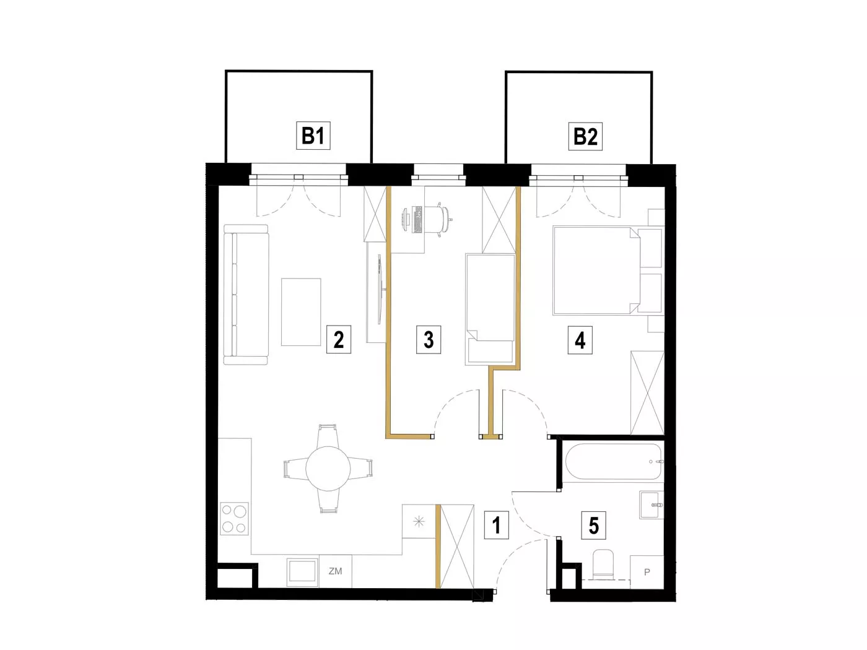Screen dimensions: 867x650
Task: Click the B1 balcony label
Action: (313, 136)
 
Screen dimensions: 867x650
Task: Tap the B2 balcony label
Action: (585, 137)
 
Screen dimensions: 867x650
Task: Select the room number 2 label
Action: (339, 339)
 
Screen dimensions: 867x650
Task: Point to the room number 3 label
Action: (429, 339)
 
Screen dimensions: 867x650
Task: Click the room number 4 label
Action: (580, 340)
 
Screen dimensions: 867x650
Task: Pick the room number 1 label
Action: (497, 526)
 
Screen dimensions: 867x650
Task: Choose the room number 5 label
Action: (594, 526)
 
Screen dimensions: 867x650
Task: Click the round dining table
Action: (328, 469)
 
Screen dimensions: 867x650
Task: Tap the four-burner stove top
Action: (234, 518)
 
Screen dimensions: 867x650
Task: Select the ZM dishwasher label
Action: (336, 571)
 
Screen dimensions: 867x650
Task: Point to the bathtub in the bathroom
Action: (614, 461)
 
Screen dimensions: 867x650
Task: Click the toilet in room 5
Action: (603, 565)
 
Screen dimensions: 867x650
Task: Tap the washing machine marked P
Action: (647, 572)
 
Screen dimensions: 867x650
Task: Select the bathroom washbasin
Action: (651, 505)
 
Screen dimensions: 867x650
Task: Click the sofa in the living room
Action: (246, 295)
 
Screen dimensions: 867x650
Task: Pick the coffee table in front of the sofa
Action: (301, 312)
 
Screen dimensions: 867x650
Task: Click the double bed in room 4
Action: (596, 271)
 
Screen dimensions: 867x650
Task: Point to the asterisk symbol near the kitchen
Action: (419, 522)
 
